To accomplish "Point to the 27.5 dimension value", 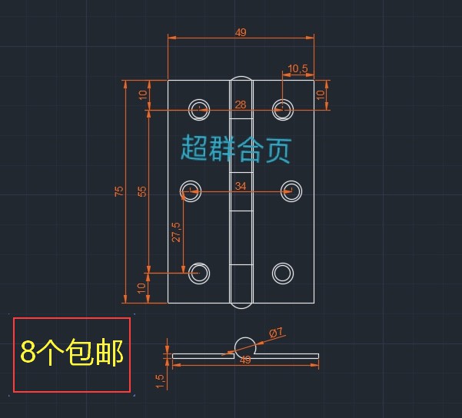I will pyautogui.click(x=176, y=232).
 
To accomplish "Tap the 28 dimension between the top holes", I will pyautogui.click(x=241, y=104).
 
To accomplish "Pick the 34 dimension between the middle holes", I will pyautogui.click(x=241, y=186).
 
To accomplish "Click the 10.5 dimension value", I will pyautogui.click(x=297, y=69).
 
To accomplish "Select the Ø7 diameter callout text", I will pyautogui.click(x=276, y=333).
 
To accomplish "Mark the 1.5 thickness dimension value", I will pyautogui.click(x=160, y=381).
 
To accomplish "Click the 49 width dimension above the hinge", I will pyautogui.click(x=241, y=32).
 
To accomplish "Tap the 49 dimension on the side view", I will pyautogui.click(x=246, y=360).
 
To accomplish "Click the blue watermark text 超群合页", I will pyautogui.click(x=236, y=148).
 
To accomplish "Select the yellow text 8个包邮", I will pyautogui.click(x=71, y=353).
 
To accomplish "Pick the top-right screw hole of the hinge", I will pyautogui.click(x=283, y=108).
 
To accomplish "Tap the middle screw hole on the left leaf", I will pyautogui.click(x=190, y=191).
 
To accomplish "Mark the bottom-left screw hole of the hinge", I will pyautogui.click(x=200, y=273).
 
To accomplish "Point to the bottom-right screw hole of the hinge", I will pyautogui.click(x=283, y=273).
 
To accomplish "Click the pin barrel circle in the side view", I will pyautogui.click(x=246, y=346).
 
